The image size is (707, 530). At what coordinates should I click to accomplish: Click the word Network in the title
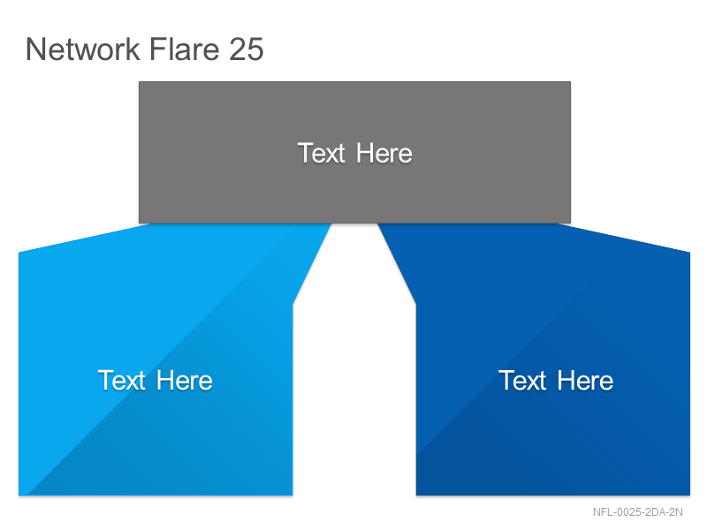tap(83, 49)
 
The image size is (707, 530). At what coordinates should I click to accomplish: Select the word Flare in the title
tap(185, 49)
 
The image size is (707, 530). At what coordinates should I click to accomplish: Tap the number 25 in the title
tap(247, 49)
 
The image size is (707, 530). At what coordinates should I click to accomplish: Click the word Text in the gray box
tap(322, 153)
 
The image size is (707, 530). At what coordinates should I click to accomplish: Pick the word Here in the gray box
tap(384, 153)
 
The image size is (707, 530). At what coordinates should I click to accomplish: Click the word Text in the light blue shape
tap(122, 381)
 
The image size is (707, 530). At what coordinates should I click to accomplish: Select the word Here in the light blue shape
tap(185, 381)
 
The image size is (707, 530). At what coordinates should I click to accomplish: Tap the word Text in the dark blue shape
tap(522, 381)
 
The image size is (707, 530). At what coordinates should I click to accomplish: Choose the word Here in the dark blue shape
tap(585, 381)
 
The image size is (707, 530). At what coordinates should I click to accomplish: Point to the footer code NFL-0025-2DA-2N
tap(637, 512)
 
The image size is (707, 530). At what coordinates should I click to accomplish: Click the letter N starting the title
tap(35, 49)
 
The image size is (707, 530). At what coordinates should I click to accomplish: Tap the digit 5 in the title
tap(255, 49)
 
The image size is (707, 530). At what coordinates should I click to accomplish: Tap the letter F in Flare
tap(157, 49)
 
